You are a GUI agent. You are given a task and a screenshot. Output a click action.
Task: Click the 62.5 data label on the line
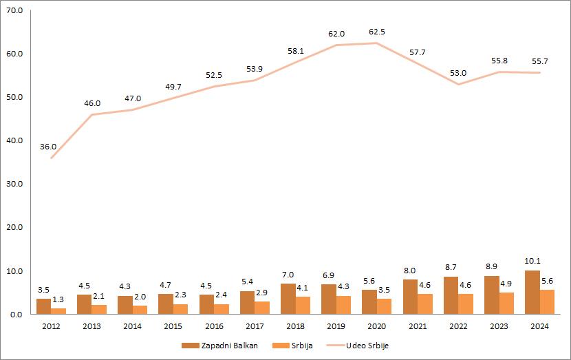[377, 32]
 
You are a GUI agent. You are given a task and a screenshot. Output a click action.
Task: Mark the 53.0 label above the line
[458, 73]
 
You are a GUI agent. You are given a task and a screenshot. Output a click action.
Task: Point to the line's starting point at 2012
[51, 158]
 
